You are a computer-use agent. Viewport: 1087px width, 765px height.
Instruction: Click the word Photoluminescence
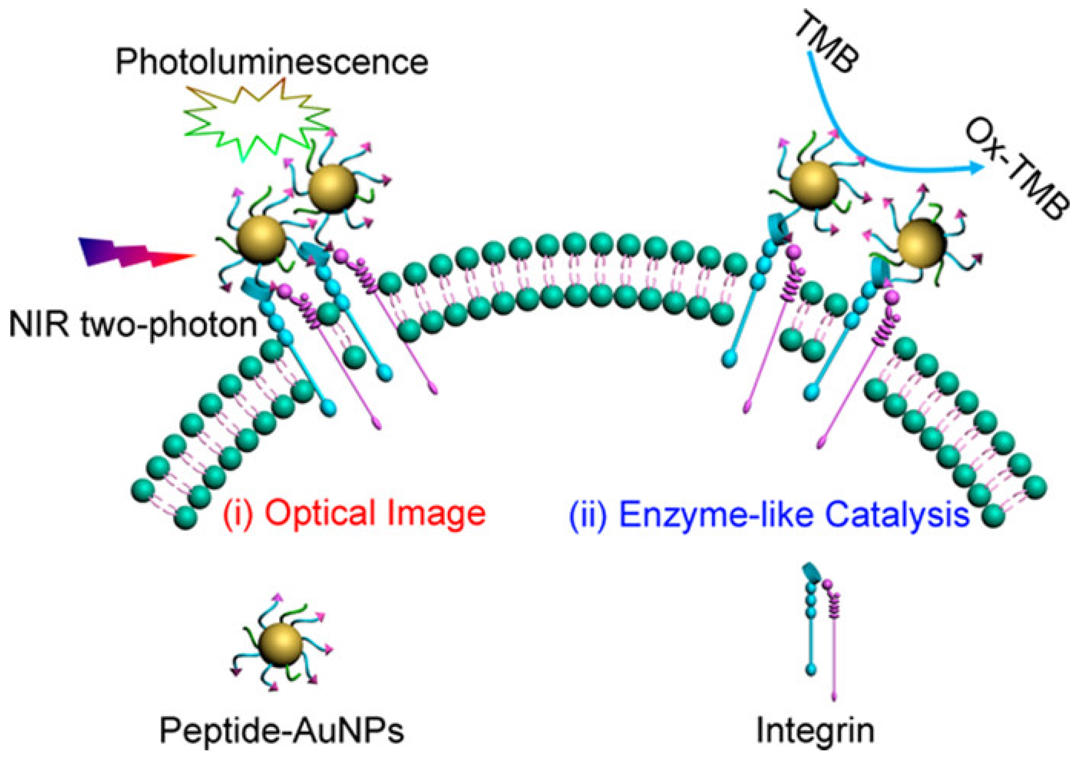coord(272,62)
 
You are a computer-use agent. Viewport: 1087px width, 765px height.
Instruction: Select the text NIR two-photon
coord(133,325)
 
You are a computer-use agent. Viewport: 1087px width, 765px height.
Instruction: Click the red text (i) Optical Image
coord(355,513)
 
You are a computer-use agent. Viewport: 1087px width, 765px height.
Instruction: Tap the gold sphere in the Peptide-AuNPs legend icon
coord(281,645)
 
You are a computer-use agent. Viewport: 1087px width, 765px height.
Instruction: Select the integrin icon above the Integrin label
coord(821,630)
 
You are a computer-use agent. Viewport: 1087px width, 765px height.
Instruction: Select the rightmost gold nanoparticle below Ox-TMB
coord(921,243)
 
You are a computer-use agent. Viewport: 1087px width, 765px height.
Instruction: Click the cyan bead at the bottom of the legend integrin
coord(811,669)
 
